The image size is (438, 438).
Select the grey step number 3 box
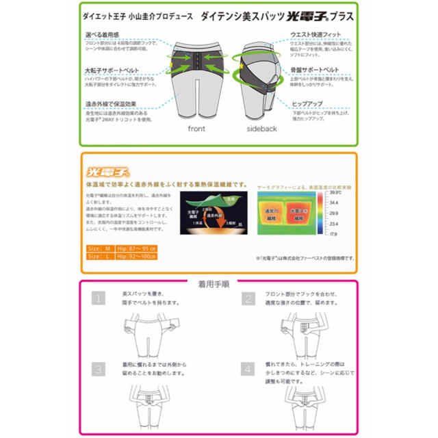pyautogui.click(x=99, y=369)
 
